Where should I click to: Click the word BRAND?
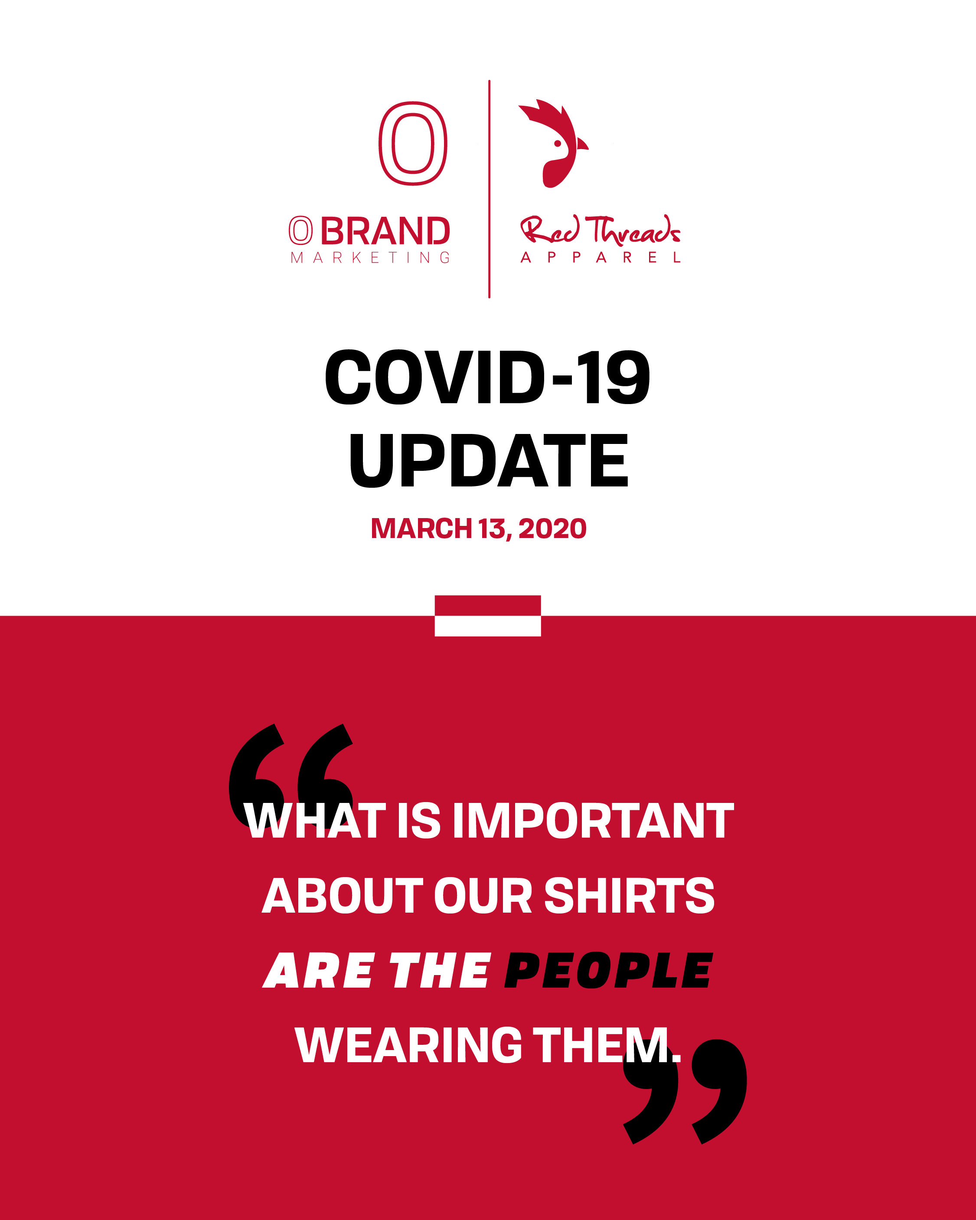coord(385,231)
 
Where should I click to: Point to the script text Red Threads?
coord(600,230)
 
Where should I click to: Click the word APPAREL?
coord(601,258)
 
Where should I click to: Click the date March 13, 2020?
coord(479,528)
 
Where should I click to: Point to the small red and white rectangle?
coord(488,616)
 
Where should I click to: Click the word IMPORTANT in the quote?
coord(593,821)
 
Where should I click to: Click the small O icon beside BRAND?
coord(300,231)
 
